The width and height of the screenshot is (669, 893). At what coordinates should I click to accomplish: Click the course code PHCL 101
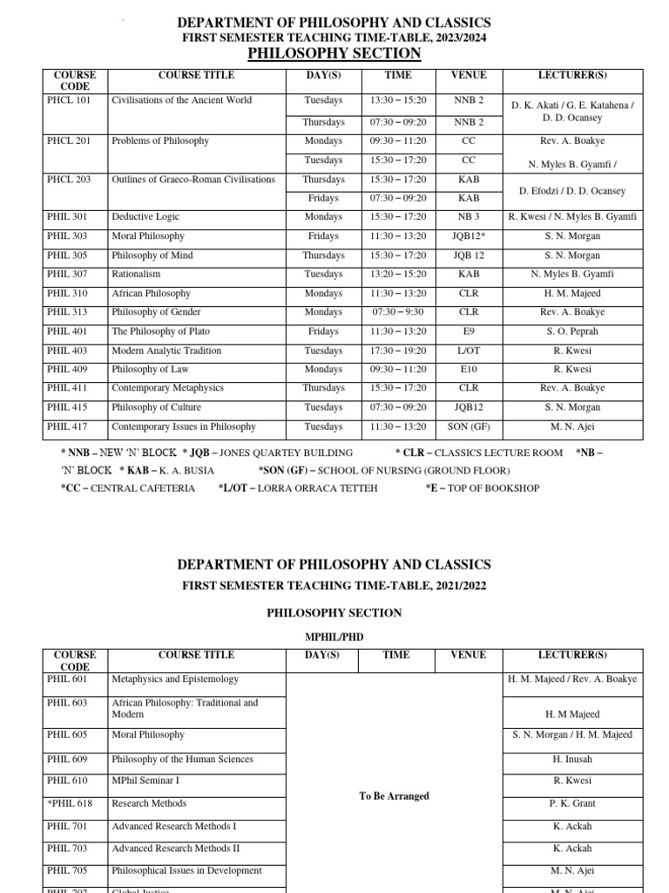pos(69,100)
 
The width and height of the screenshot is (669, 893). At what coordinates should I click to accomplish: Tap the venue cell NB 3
pos(469,217)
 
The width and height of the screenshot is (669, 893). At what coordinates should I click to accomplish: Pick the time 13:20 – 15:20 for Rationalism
pos(398,275)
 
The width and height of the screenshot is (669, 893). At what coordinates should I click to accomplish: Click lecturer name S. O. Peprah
pos(571,332)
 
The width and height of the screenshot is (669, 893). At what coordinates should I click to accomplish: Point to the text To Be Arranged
pos(394,796)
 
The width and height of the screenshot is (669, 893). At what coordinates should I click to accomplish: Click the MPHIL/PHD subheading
pos(334,637)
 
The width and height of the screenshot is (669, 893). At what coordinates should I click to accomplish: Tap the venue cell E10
pos(469,370)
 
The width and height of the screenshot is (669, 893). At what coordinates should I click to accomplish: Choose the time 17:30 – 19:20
pos(398,351)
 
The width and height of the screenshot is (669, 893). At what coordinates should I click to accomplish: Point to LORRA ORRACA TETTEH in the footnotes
pos(318,488)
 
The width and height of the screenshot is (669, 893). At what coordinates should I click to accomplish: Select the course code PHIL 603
pos(69,703)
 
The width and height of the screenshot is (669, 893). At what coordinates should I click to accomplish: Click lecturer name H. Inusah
pos(571,760)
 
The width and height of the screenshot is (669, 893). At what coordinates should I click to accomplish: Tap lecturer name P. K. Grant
pos(571,804)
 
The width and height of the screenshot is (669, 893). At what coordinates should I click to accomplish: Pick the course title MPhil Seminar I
pos(145,781)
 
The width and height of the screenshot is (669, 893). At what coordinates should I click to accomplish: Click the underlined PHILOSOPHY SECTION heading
pos(334,54)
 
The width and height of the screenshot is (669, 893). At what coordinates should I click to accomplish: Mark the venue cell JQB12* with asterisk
pos(469,236)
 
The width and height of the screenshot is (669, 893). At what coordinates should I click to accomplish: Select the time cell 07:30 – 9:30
pos(398,313)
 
